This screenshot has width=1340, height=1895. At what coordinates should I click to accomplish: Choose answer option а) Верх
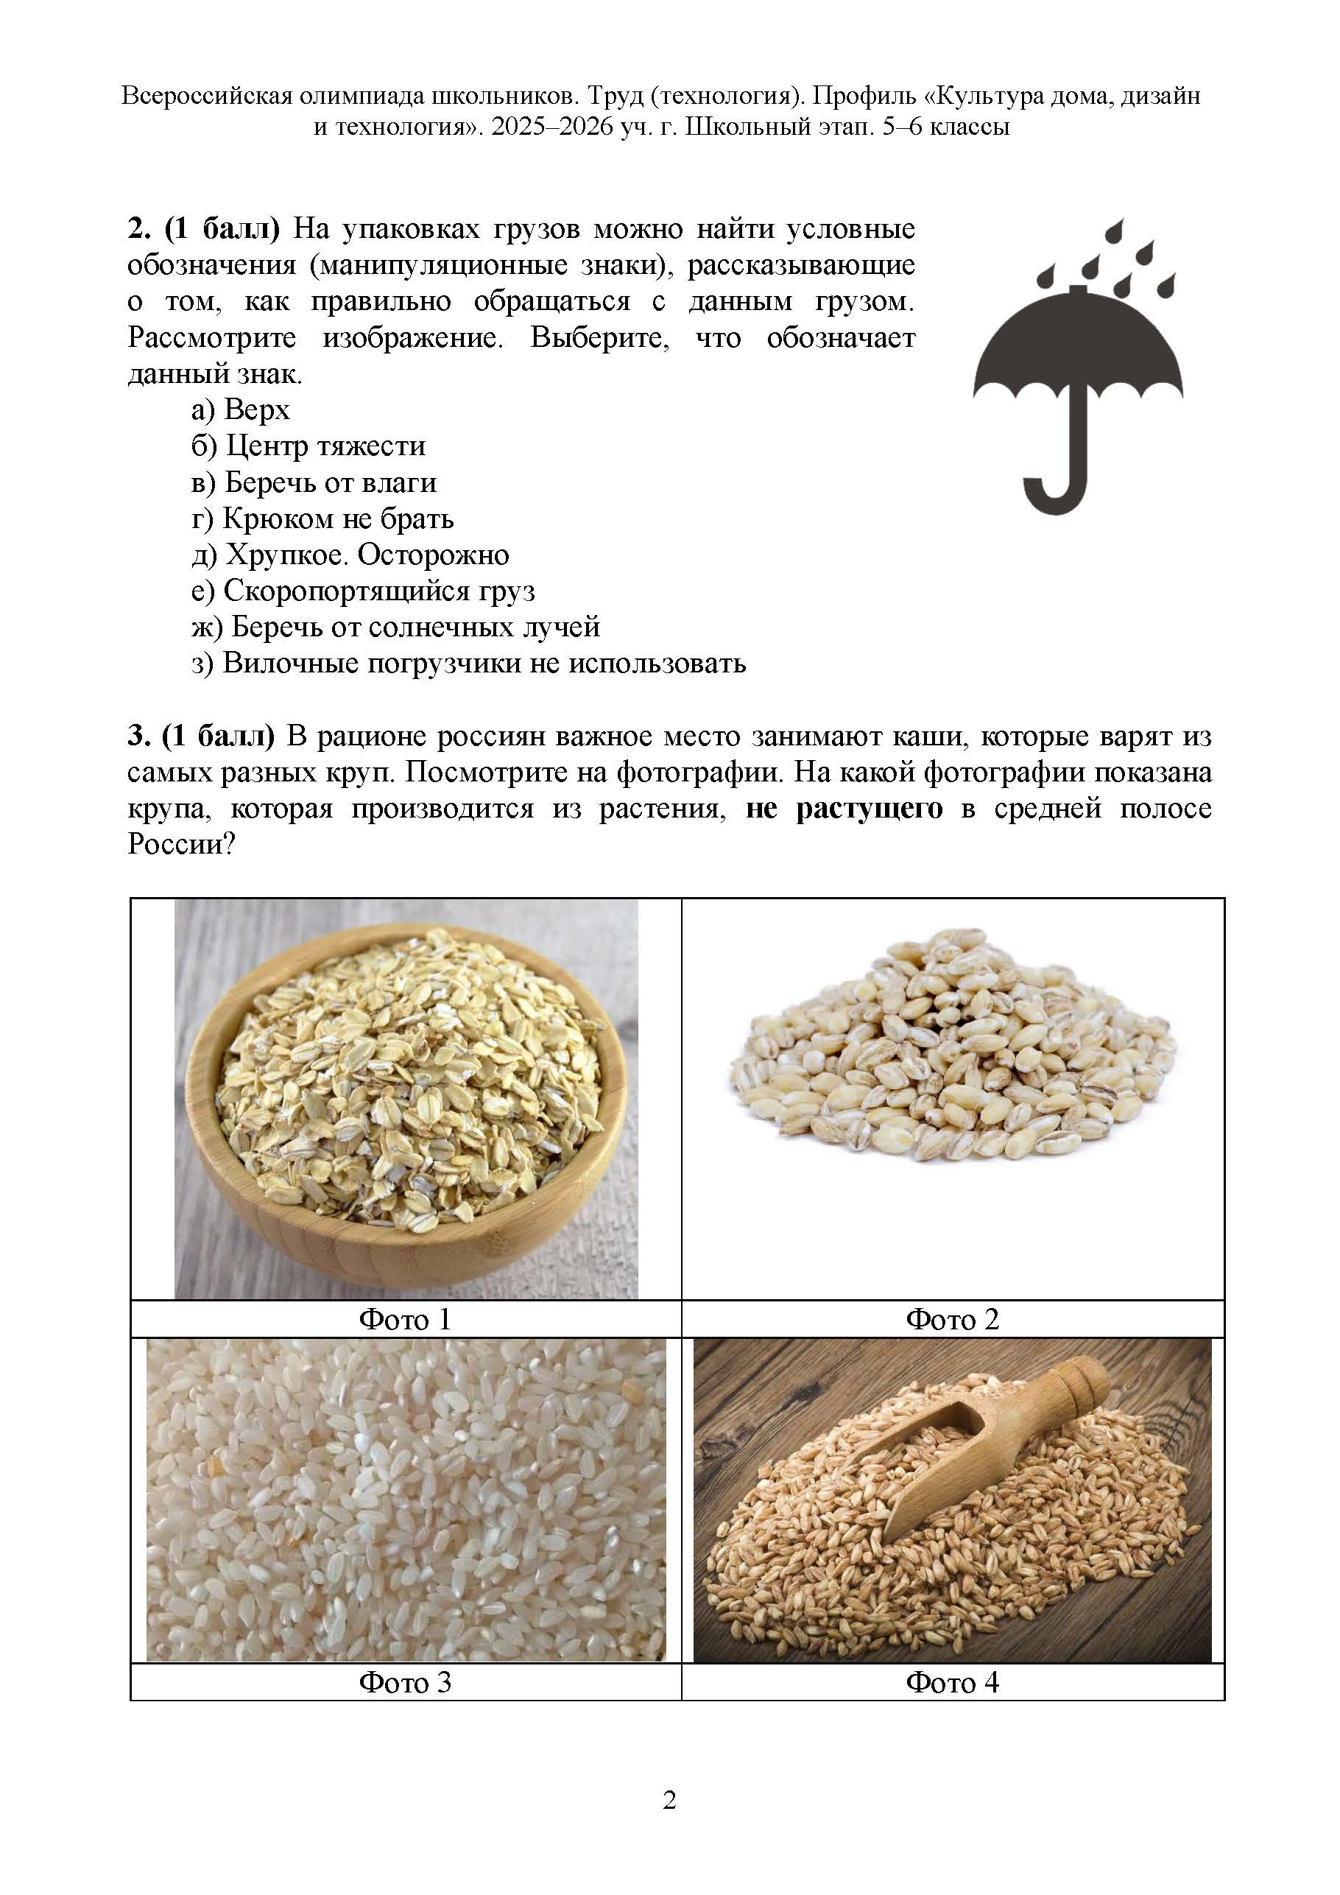240,409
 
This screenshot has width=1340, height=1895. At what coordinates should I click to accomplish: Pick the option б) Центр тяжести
308,446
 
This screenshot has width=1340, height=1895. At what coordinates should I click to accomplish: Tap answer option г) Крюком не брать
322,518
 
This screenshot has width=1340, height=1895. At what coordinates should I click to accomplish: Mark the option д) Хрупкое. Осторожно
350,555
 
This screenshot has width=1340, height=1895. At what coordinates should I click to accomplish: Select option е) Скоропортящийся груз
363,591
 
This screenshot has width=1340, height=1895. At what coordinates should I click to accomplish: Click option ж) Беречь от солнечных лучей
395,627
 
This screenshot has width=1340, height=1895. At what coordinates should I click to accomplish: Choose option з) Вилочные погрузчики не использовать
469,664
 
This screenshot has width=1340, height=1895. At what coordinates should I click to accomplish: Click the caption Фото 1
405,1320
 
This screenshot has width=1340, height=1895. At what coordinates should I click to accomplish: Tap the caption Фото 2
952,1320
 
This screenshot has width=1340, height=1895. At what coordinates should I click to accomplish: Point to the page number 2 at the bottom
669,1799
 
